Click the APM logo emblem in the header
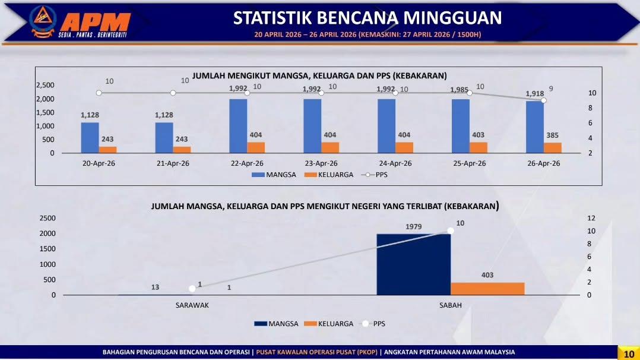tap(43, 21)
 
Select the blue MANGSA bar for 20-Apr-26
tap(90, 138)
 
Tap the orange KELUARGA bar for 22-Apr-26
tap(256, 147)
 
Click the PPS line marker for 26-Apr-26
tap(544, 100)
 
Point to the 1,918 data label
tap(535, 94)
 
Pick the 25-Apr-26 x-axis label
tap(470, 163)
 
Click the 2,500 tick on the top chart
tap(45, 85)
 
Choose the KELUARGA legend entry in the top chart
tap(329, 175)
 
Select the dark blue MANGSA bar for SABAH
tap(413, 264)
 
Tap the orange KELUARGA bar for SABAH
tap(487, 289)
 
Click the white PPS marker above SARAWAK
tap(192, 289)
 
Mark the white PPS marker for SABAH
tap(451, 231)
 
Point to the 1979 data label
tap(413, 227)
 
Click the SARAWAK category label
tap(192, 305)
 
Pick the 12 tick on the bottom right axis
tap(591, 218)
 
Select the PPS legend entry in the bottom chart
tap(373, 324)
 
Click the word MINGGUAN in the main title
tap(452, 18)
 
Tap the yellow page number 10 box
tap(629, 353)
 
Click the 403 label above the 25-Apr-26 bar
tap(479, 135)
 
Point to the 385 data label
tap(552, 135)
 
